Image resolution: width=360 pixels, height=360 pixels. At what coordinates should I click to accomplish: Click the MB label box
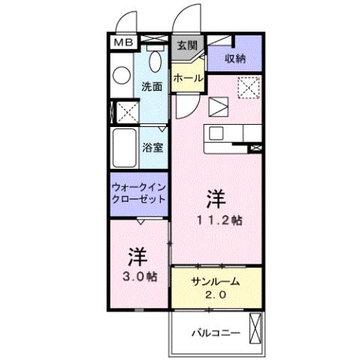pos(122,43)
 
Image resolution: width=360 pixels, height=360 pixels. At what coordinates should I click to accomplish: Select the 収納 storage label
pos(235,57)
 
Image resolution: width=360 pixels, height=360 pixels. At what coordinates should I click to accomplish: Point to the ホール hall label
pos(186,78)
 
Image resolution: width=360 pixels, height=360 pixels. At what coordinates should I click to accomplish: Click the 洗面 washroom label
pos(153,86)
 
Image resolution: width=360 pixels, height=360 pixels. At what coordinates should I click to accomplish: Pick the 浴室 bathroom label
pos(153,147)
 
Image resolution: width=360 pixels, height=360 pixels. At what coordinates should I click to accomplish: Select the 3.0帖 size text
pos(137,277)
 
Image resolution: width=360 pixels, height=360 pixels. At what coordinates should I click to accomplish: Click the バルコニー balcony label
pos(215,331)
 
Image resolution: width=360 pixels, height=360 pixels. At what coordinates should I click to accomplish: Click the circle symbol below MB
pos(120,75)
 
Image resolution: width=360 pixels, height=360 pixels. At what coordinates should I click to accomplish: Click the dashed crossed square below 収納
pos(247,88)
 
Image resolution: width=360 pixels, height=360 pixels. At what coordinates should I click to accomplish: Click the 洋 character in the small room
pos(136,257)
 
